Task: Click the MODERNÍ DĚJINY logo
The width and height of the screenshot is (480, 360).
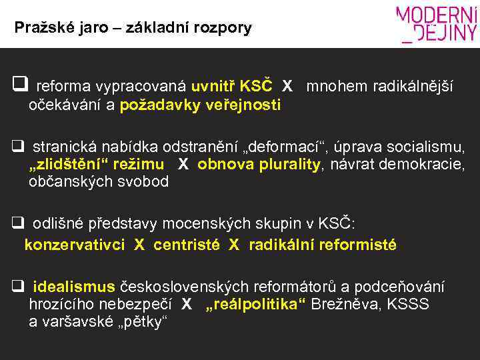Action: pyautogui.click(x=437, y=24)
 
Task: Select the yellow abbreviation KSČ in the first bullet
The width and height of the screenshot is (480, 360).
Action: pyautogui.click(x=256, y=86)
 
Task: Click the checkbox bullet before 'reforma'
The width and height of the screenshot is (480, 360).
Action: pyautogui.click(x=19, y=85)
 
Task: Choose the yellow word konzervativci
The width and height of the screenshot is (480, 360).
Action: pyautogui.click(x=74, y=245)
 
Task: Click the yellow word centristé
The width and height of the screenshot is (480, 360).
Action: pyautogui.click(x=187, y=245)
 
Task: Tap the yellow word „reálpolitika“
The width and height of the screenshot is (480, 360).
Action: pyautogui.click(x=255, y=305)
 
